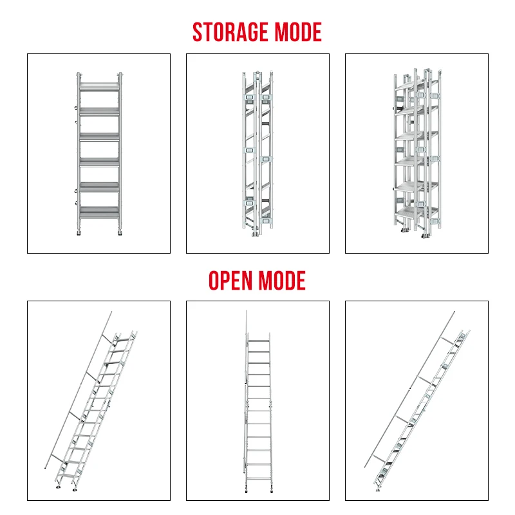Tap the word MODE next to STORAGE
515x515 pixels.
coord(299,32)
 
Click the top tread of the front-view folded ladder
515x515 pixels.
coord(99,84)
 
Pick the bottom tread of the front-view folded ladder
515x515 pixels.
coord(99,210)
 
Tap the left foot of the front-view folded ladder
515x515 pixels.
coord(80,232)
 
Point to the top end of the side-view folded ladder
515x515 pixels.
coord(257,72)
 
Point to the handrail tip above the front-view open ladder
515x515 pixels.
coord(246,313)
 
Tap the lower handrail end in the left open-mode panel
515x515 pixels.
coord(45,467)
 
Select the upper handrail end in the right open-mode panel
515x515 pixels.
coord(454,312)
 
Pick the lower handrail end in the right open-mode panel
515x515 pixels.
coord(365,465)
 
